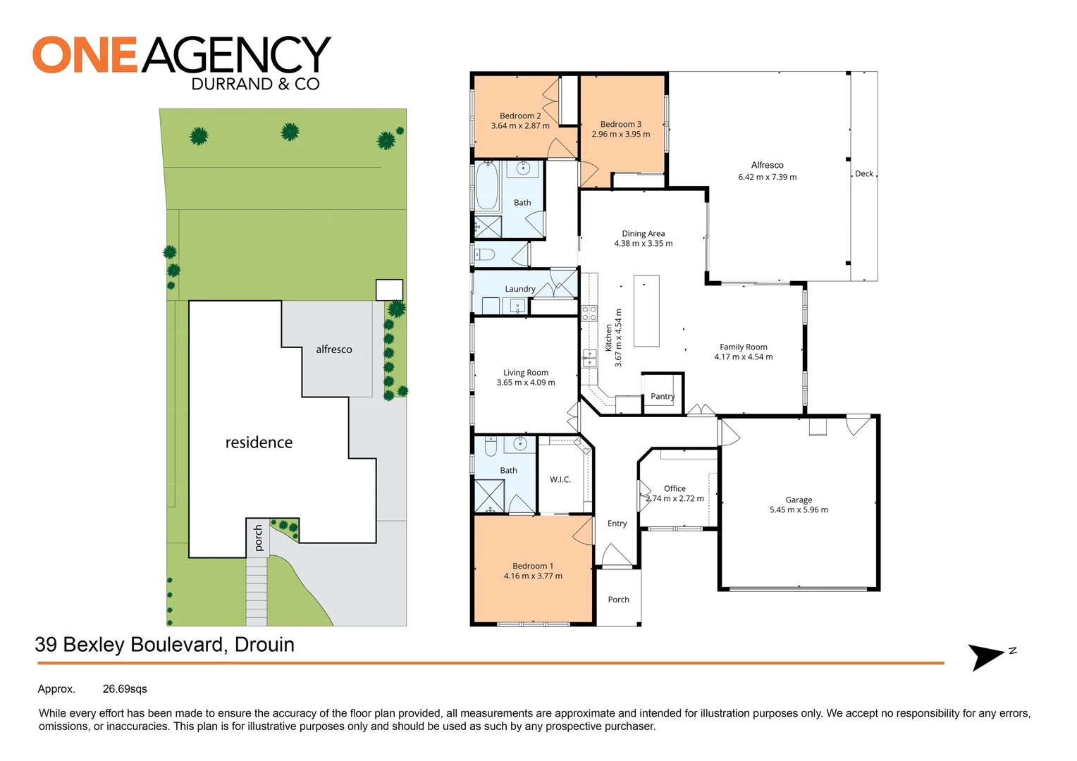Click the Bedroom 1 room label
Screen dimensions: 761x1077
(532, 566)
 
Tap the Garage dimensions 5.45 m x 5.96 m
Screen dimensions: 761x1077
(799, 510)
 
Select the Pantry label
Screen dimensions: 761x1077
(663, 397)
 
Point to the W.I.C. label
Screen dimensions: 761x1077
(560, 480)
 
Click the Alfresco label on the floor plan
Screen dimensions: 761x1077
(767, 165)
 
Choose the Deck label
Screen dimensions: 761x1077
(864, 174)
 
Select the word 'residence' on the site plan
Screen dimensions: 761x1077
(259, 443)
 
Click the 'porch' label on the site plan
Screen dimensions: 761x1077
(258, 538)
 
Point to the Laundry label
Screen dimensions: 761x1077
(520, 289)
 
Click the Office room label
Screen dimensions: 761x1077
(675, 488)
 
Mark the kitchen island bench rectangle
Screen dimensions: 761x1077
(646, 311)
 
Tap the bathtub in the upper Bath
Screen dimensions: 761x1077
(487, 186)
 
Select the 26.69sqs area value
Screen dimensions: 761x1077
(125, 689)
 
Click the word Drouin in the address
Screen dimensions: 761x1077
(264, 645)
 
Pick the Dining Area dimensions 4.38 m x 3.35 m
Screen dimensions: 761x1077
(643, 244)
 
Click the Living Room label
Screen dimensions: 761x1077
(525, 373)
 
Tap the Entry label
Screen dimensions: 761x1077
(617, 524)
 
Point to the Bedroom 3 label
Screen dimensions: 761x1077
(621, 124)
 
